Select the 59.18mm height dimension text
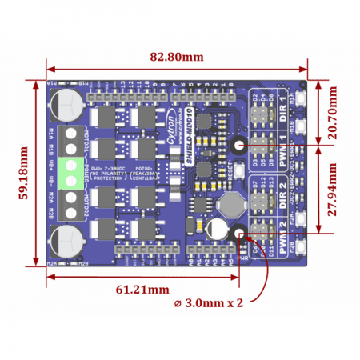[25, 172]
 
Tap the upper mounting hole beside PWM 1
[239, 145]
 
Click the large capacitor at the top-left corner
[68, 102]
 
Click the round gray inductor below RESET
[232, 203]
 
